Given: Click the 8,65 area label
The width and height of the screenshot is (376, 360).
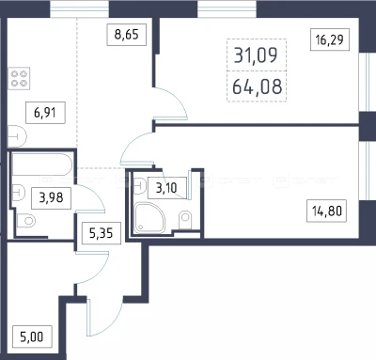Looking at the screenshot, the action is tap(127, 34).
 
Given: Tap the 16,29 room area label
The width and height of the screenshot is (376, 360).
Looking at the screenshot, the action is tap(330, 39).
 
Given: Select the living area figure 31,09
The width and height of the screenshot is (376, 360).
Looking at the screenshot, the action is tap(256, 55).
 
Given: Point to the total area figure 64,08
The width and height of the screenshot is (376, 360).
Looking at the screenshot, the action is tap(257, 86).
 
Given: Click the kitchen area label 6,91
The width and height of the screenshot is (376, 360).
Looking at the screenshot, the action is tap(45, 113).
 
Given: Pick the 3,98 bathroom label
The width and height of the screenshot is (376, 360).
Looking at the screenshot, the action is tap(51, 198).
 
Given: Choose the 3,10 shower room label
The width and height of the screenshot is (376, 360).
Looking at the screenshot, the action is tap(166, 188).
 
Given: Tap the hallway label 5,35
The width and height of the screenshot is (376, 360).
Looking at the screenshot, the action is tap(102, 233).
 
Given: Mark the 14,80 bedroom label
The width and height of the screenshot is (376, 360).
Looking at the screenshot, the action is tap(326, 211).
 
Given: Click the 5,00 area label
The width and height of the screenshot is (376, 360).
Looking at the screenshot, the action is tap(32, 337).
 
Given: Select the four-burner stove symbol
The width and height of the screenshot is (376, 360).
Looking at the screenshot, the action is tap(19, 78).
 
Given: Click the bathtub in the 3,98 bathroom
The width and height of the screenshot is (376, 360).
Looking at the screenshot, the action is tap(42, 164).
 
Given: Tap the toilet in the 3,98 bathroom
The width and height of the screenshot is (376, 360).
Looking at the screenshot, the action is tap(26, 221).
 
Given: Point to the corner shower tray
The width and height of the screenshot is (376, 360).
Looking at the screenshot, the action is tap(149, 217).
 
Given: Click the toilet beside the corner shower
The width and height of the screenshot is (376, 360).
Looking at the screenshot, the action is tap(184, 220).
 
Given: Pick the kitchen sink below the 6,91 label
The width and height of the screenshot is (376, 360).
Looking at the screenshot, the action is tap(17, 136).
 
